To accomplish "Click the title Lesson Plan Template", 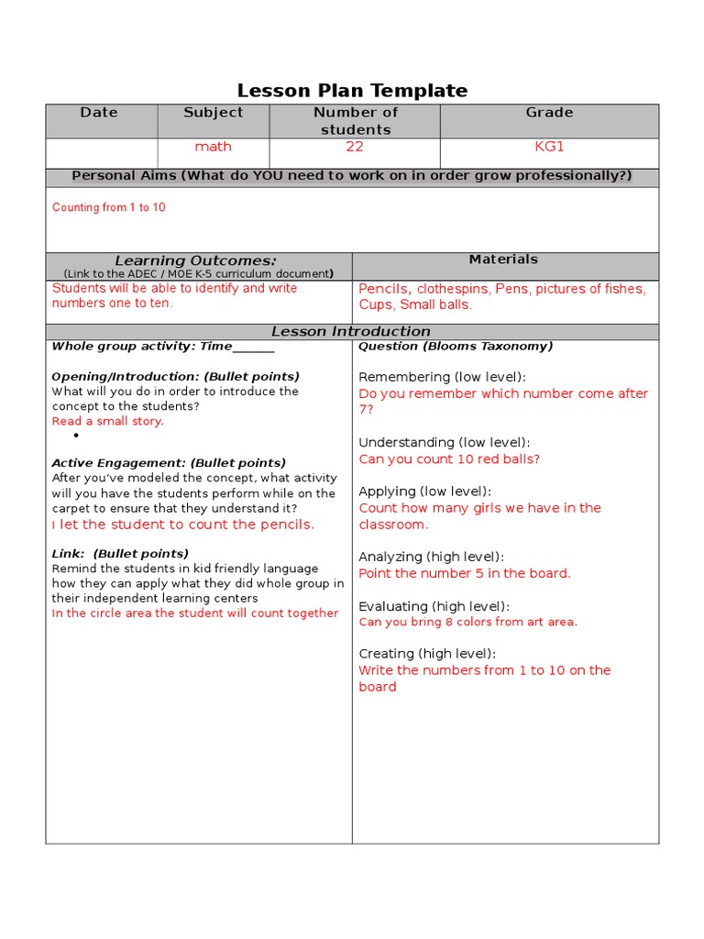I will pos(352,90).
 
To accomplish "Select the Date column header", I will pos(99,113).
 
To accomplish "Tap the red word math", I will pos(213,147).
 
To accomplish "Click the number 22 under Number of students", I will pos(355,147).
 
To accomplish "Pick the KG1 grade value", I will pos(549,147).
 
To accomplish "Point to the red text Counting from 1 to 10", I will pos(109,207).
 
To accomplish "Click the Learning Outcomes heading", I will pos(195,260).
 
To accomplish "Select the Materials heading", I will pos(503,260).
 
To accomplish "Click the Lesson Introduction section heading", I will pos(351,331).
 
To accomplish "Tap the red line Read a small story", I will pos(108,421).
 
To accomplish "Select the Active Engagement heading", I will pos(169,463).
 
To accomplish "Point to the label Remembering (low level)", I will pos(443,377).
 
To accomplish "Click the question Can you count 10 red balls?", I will pos(449,459).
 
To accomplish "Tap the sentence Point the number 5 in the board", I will pos(465,573).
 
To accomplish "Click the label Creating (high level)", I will pos(427,654).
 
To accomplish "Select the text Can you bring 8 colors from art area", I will pos(468,622).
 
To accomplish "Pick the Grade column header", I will pos(549,113).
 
